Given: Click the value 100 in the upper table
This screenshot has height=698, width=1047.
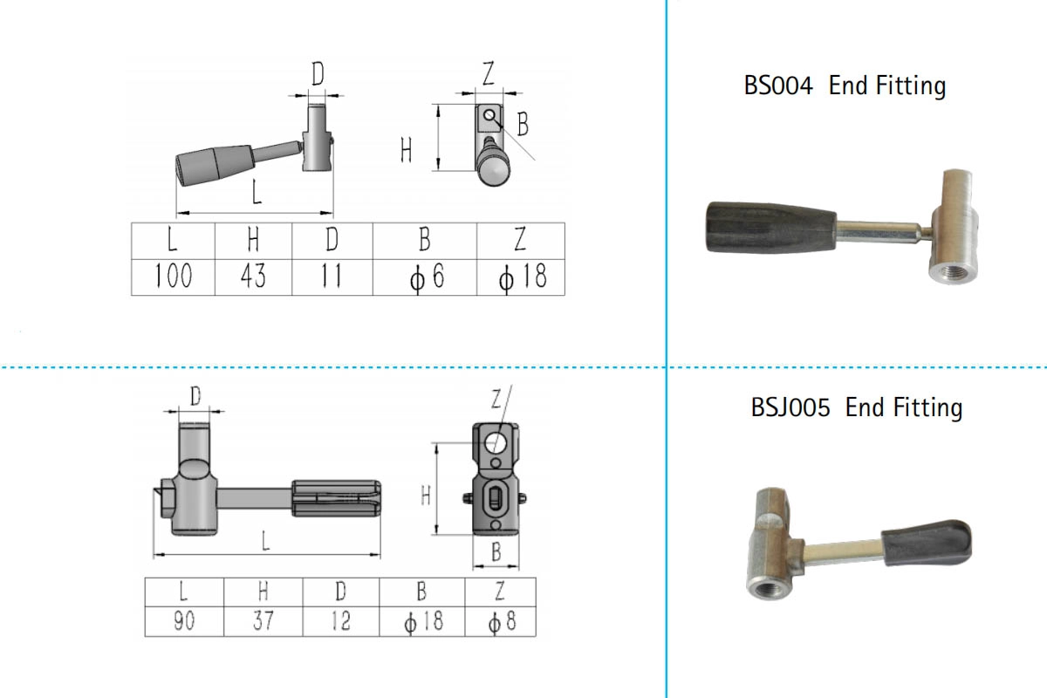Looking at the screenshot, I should click(x=173, y=277).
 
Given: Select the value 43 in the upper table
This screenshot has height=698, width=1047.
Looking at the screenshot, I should click(x=253, y=277).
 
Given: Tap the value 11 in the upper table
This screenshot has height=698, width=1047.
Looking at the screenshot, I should click(x=332, y=277).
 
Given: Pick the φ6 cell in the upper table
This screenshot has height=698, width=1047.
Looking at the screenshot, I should click(x=424, y=277).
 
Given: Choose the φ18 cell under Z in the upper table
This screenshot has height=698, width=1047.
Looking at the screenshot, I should click(x=521, y=277).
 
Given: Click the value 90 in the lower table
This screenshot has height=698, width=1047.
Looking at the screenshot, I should click(x=183, y=621).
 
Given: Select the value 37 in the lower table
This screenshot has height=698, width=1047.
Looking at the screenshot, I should click(x=263, y=621).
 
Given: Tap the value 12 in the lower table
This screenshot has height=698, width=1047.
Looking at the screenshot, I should click(x=340, y=621).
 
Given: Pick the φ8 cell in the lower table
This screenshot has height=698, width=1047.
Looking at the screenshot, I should click(x=500, y=621).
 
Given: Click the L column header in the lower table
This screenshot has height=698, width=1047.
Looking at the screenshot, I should click(x=183, y=592).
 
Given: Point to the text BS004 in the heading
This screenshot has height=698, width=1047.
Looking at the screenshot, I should click(x=778, y=86).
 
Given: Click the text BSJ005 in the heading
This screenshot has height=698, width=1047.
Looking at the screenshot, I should click(x=790, y=407).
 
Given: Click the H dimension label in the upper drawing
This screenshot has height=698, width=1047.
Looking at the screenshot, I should click(x=406, y=151).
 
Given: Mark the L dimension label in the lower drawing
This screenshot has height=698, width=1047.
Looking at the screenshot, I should click(x=265, y=541).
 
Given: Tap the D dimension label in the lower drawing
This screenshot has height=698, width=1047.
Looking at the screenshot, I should click(x=195, y=397).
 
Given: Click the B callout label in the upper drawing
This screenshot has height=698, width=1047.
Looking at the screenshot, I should click(x=522, y=125).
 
